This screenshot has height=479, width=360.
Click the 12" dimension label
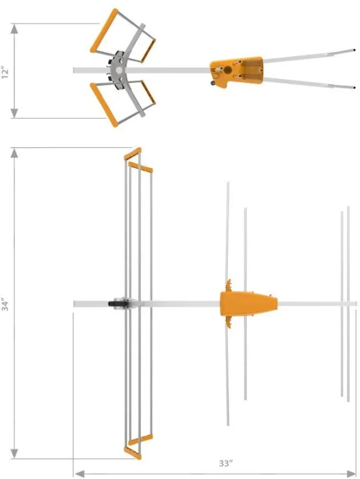(x=6, y=73)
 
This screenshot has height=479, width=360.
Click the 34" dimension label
(x=6, y=305)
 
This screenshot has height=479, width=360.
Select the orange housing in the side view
(x=236, y=71)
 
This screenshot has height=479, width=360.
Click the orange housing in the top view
(x=246, y=304)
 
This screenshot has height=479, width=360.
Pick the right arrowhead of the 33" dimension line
(x=353, y=474)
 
